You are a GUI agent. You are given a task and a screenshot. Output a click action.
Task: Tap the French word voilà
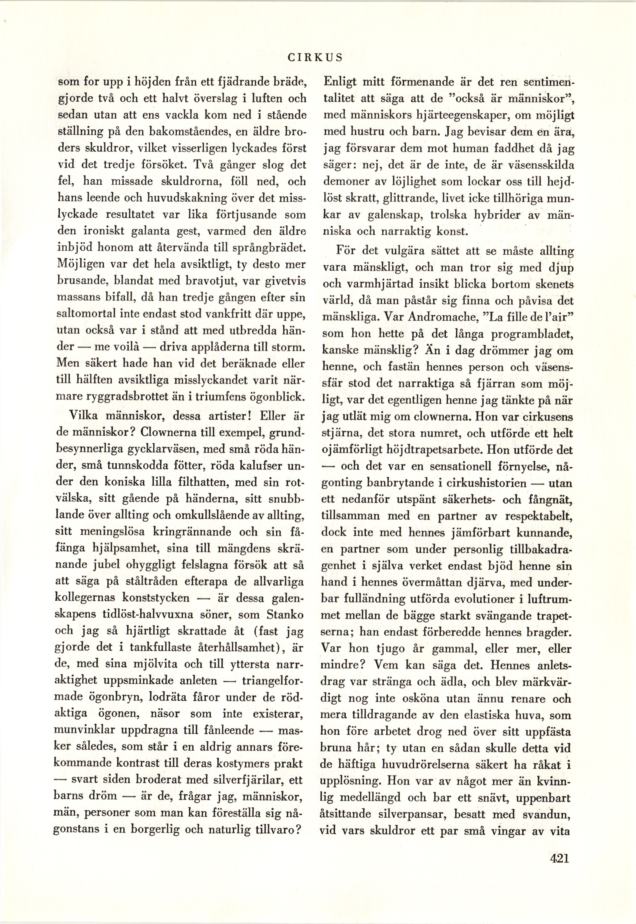point(124,347)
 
